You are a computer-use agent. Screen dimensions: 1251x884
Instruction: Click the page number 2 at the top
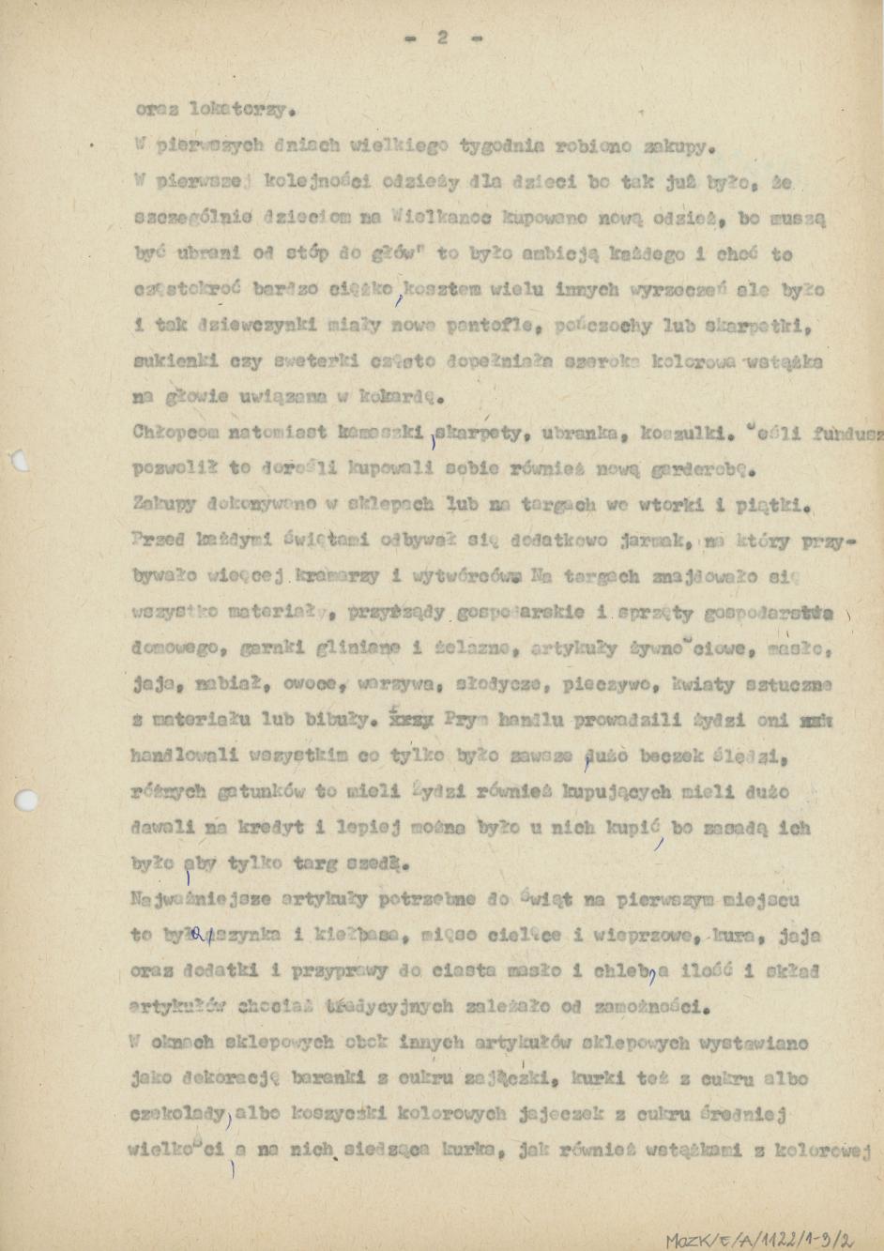click(442, 38)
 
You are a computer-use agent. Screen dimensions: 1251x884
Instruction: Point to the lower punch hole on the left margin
click(27, 800)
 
